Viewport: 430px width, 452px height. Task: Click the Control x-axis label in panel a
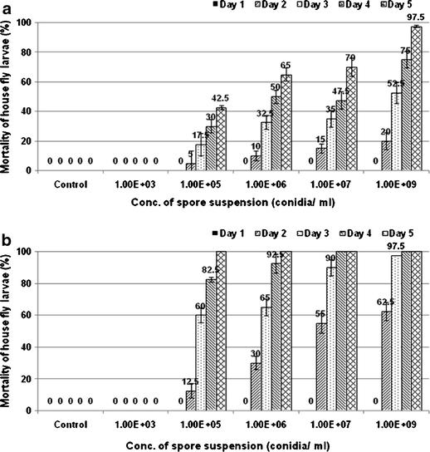tap(71, 186)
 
